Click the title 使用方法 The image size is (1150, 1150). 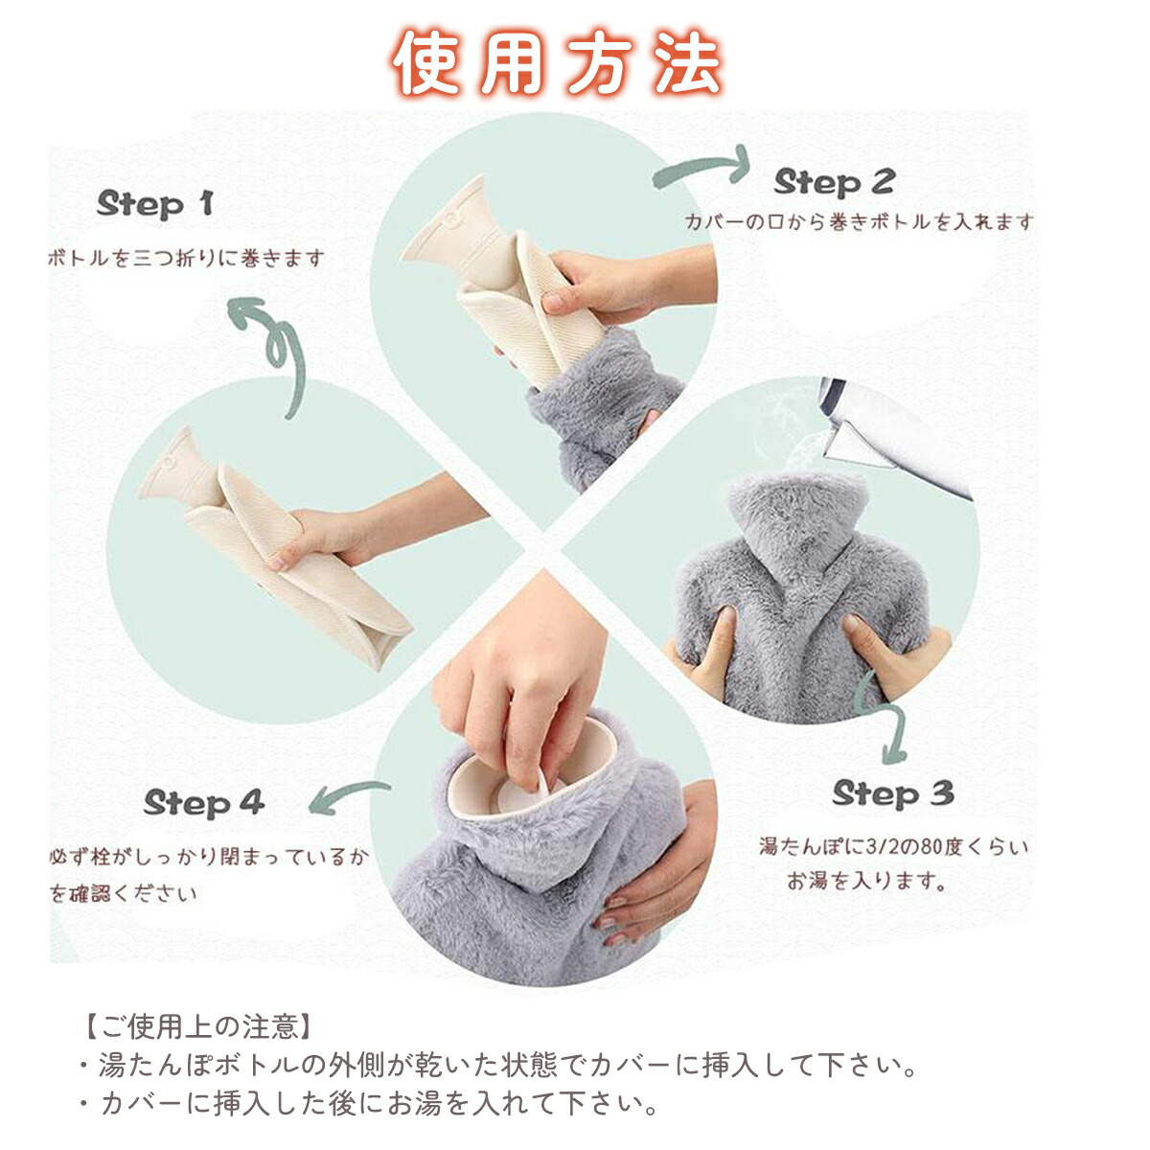[x=557, y=62]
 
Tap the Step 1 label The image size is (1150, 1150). [x=155, y=205]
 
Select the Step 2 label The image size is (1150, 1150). [x=835, y=182]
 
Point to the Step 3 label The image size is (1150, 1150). [x=893, y=793]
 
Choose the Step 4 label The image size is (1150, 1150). [x=204, y=803]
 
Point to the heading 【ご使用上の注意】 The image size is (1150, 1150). [x=199, y=1025]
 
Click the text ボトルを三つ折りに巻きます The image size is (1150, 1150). [x=186, y=259]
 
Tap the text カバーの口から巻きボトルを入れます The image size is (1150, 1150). [x=858, y=222]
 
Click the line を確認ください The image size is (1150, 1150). [x=124, y=893]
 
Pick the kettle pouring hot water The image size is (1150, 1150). [x=895, y=436]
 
